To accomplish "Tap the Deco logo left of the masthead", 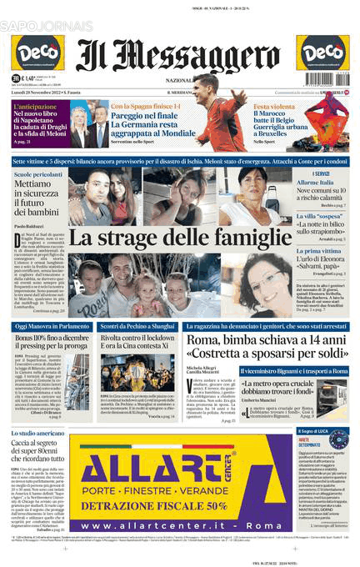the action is tap(37, 53).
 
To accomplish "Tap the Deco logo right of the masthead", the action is tap(322, 53).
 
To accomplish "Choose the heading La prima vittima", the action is tap(319, 251).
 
